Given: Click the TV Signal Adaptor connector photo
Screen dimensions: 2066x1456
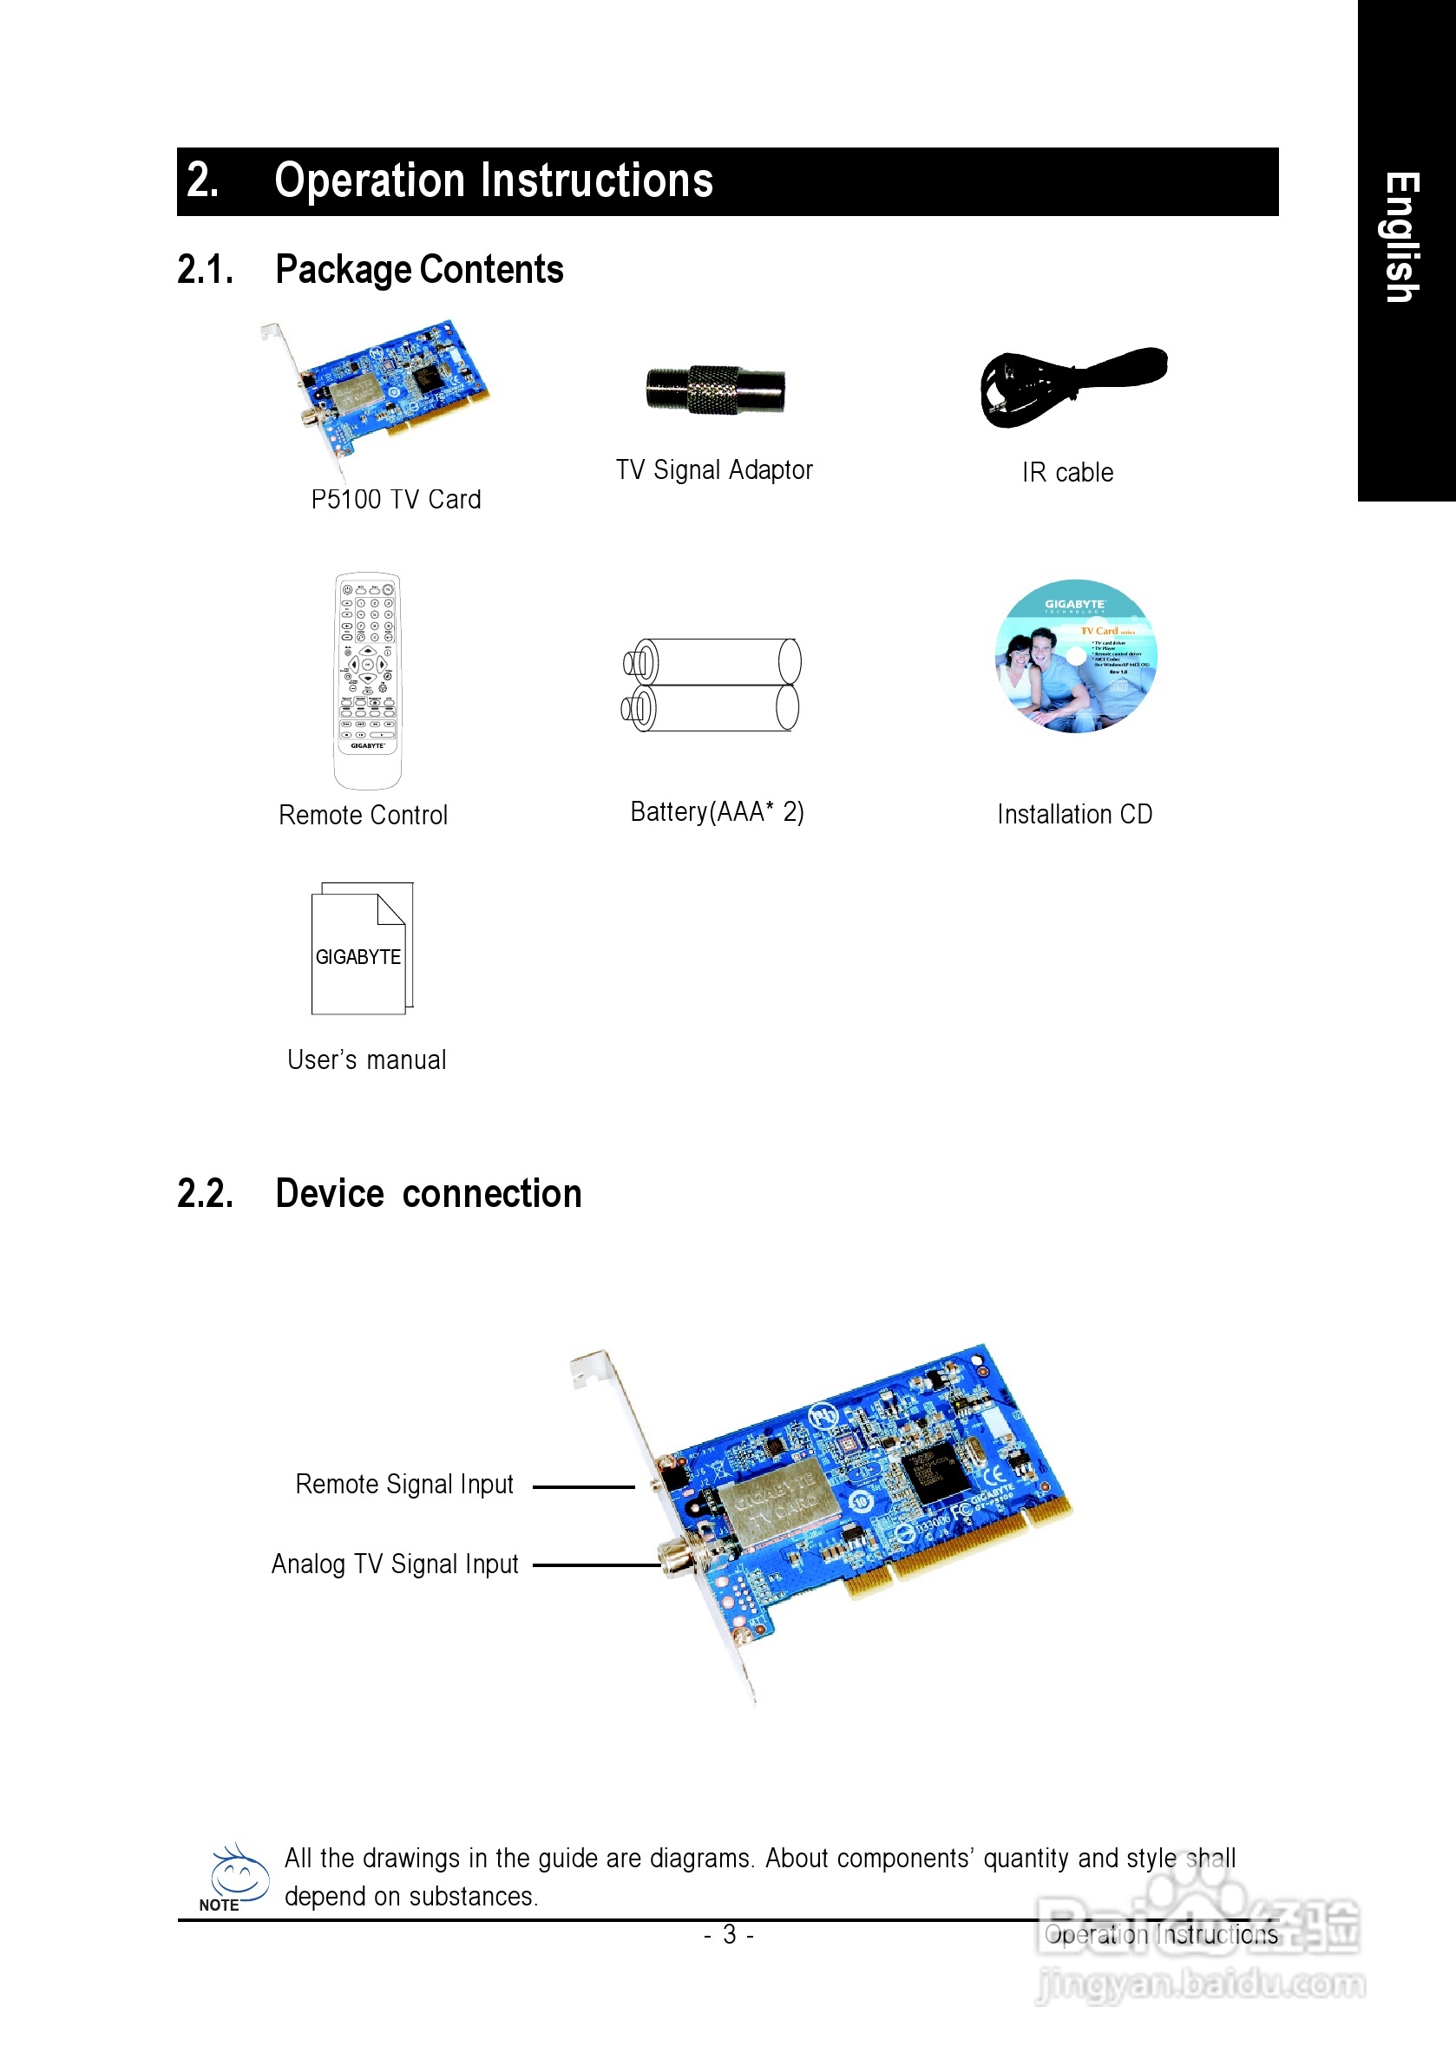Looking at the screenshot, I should [x=715, y=390].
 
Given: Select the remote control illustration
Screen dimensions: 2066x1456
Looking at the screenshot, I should [x=367, y=679].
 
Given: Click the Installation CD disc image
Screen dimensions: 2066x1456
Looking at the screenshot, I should [x=1075, y=656].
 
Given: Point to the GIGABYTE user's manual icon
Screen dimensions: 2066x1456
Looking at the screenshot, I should [x=362, y=948].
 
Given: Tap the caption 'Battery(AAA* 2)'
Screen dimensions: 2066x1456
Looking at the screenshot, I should [x=717, y=811].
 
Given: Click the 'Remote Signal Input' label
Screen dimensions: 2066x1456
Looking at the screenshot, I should [x=404, y=1484].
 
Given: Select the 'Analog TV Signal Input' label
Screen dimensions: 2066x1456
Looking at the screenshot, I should [x=395, y=1564].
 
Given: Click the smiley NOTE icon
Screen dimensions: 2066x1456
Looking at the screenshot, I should [x=237, y=1875].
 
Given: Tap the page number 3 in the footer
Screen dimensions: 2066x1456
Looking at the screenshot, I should [x=729, y=1935].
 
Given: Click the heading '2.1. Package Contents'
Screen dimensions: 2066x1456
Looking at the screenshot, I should [x=370, y=269].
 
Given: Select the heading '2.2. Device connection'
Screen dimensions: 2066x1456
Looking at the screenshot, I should [x=379, y=1193].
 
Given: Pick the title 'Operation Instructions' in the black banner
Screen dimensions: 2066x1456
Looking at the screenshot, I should [x=493, y=180].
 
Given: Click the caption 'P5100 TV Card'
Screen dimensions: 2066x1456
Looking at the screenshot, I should [x=396, y=500].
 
